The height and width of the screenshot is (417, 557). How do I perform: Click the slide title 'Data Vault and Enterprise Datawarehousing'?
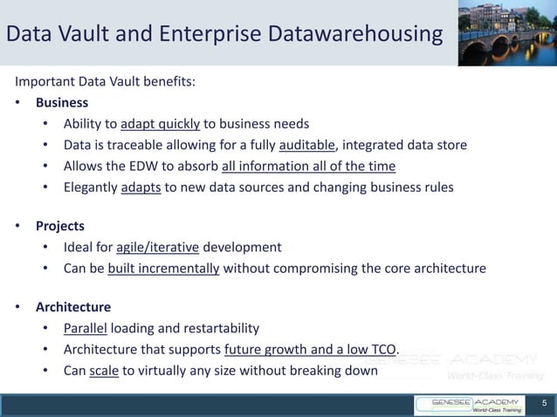[225, 34]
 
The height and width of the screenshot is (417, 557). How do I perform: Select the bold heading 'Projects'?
[60, 226]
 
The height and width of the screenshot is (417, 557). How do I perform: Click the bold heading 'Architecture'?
[73, 307]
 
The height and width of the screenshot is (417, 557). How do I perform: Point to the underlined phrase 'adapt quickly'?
[161, 124]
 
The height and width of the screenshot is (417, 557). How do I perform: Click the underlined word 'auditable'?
[307, 145]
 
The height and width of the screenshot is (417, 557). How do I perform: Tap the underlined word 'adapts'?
[141, 187]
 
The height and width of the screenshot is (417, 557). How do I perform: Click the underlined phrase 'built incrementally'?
[163, 268]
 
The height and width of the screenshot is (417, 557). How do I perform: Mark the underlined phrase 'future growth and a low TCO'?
[311, 350]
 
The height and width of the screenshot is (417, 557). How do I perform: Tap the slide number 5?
[544, 404]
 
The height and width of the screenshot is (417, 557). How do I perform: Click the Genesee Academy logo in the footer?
[471, 405]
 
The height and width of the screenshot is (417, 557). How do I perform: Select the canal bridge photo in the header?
[507, 33]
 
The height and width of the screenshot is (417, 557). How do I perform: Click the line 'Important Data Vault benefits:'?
[105, 82]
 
